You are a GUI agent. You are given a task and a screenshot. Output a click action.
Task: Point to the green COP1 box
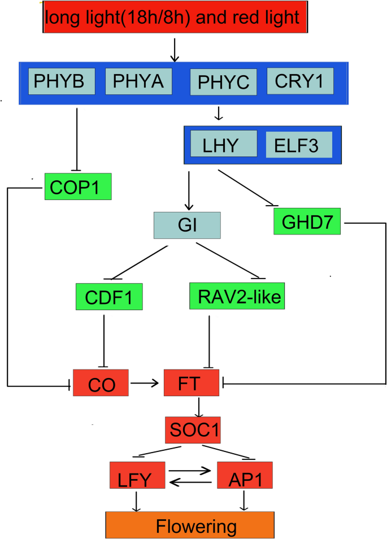coord(78,186)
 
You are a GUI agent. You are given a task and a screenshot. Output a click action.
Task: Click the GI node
coord(187,224)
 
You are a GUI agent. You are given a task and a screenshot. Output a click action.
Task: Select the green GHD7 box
coord(307,221)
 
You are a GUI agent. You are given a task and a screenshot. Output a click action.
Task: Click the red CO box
coord(101,384)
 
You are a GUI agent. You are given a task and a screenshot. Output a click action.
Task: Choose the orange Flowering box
coord(189,525)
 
